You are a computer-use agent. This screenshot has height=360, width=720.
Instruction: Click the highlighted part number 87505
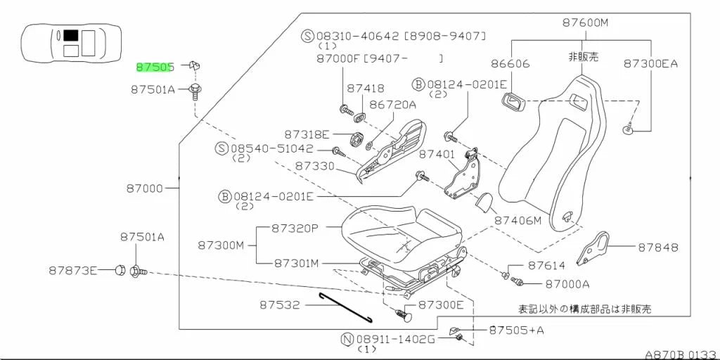[154, 67]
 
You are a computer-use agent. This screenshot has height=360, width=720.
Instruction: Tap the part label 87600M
[585, 23]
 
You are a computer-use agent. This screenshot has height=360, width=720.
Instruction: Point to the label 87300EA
[650, 63]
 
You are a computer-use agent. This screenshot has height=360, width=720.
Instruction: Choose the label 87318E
[307, 134]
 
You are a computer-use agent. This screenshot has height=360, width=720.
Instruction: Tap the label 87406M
[517, 220]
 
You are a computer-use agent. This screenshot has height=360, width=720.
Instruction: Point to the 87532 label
[279, 304]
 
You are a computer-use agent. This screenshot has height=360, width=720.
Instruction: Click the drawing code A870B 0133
[681, 354]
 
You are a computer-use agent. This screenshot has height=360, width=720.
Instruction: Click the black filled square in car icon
[71, 35]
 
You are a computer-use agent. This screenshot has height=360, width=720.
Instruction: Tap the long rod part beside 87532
[346, 308]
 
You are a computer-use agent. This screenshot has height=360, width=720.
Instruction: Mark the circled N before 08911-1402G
[347, 340]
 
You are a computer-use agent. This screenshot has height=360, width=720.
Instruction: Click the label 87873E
[73, 271]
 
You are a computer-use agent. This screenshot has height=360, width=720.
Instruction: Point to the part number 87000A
[567, 284]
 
